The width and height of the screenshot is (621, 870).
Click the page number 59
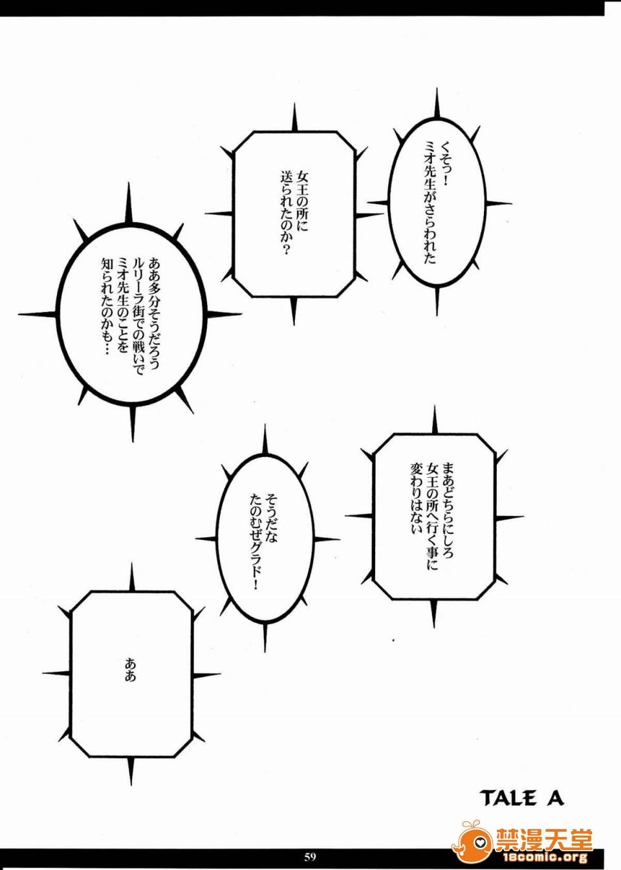(310, 856)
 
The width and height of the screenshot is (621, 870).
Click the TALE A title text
(521, 798)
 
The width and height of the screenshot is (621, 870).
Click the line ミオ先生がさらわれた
(430, 201)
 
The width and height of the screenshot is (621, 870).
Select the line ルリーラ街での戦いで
(138, 317)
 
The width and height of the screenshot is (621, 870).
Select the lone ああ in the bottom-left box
(131, 670)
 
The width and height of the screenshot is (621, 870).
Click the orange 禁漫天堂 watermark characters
(544, 840)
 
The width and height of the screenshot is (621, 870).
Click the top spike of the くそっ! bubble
(437, 104)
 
